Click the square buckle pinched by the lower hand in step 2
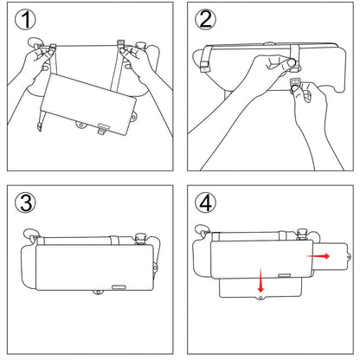(x=297, y=84)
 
